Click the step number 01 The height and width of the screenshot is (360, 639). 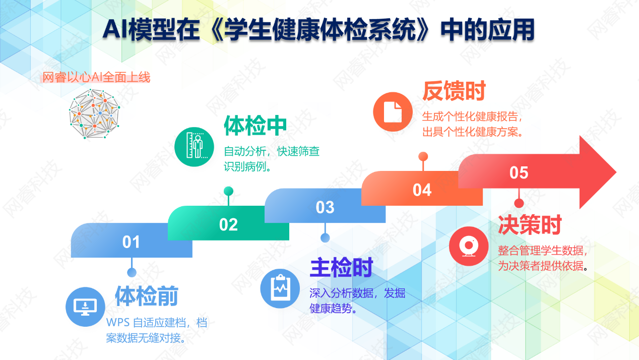point(131,242)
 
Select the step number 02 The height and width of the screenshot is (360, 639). point(228,224)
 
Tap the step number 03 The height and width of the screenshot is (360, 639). point(325,207)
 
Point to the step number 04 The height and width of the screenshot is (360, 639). point(422,190)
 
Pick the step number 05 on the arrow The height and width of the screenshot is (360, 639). point(519,173)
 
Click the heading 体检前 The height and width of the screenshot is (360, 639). point(147,296)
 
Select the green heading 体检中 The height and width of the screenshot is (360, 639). point(255,126)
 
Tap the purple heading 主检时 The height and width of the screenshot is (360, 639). point(342,268)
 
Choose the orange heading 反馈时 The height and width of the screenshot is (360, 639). point(454,91)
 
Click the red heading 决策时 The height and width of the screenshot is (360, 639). point(530,225)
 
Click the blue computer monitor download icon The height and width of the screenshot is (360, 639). point(85,307)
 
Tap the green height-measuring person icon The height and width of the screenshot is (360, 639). point(194,147)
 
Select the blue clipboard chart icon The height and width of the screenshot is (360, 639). point(280,288)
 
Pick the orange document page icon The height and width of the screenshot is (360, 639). point(393,111)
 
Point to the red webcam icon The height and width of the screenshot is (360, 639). point(469,246)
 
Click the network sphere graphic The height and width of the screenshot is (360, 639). point(94,113)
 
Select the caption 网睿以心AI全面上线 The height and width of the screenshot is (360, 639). point(96,77)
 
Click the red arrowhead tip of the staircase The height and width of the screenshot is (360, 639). point(616,172)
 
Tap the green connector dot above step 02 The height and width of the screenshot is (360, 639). point(228,191)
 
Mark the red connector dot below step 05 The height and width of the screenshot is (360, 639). point(519,203)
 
